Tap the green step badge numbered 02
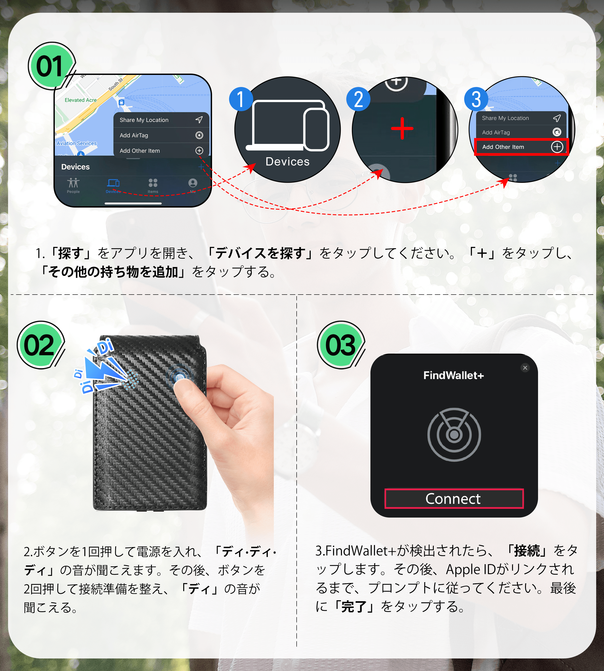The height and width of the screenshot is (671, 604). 40,345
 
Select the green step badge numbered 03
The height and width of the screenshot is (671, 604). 340,345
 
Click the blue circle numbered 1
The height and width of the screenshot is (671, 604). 241,99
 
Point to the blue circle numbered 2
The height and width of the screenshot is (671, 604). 358,99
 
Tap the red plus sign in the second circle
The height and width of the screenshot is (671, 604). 402,128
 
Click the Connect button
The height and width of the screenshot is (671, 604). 454,498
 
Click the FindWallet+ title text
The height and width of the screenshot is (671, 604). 454,375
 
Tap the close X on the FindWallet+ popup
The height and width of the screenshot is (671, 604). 525,368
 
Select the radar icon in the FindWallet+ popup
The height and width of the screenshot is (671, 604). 454,434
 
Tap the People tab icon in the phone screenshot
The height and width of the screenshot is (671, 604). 73,183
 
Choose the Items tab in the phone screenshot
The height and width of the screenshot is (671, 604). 153,185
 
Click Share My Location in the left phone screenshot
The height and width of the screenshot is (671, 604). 144,120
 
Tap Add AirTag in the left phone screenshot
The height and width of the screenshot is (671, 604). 134,135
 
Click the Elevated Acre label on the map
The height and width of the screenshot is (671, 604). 81,100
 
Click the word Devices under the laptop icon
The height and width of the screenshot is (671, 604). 287,162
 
